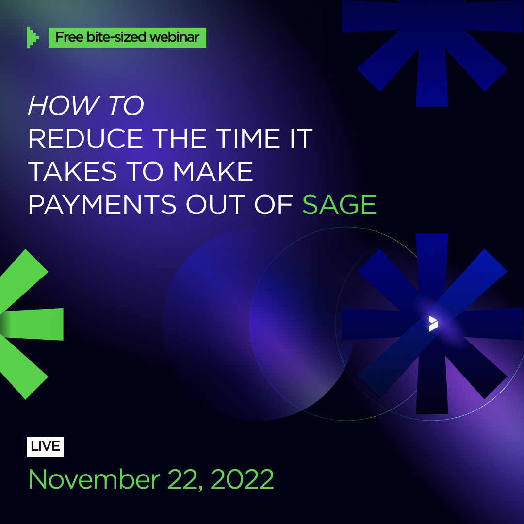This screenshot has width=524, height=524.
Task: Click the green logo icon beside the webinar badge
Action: (33, 37)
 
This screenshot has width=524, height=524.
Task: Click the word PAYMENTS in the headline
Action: (102, 204)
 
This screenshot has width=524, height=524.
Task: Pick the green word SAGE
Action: (339, 204)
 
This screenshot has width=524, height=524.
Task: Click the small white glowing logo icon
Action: (433, 323)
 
